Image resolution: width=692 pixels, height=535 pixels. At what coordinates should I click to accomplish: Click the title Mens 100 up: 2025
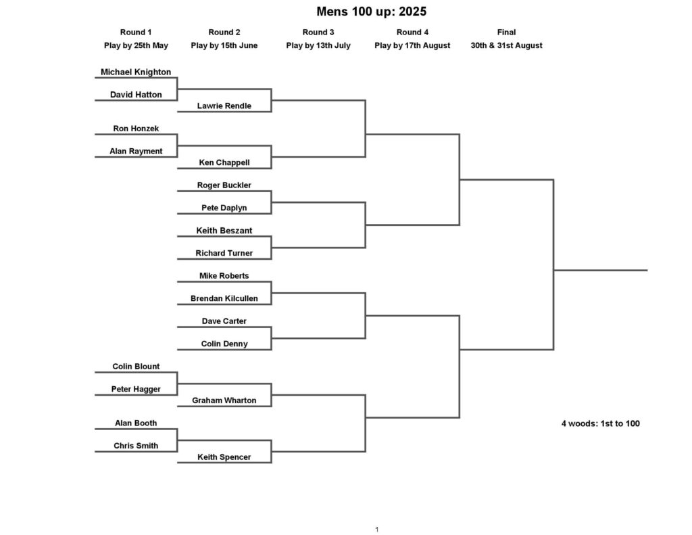point(372,11)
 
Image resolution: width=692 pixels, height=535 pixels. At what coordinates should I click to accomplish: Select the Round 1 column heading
point(136,32)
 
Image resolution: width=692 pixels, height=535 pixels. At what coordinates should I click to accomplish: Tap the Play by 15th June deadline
point(224,45)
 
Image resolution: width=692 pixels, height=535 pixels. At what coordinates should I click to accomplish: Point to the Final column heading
point(506,32)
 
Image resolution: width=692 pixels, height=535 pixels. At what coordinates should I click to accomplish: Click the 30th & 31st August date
point(506,45)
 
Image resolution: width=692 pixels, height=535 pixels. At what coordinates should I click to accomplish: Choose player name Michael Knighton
point(136,72)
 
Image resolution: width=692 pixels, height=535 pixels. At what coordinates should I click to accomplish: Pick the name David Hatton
point(136,95)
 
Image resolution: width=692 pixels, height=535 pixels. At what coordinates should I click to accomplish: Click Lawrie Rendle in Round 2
point(224,106)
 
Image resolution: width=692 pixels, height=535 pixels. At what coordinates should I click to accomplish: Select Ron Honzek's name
point(136,129)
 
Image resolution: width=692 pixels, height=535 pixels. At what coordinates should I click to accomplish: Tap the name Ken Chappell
point(224,162)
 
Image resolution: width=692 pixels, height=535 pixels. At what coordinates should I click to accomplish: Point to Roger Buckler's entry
point(224,185)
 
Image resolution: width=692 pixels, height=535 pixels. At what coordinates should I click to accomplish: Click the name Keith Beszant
point(224,231)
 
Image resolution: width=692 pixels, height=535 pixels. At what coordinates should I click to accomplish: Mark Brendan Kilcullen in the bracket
point(224,299)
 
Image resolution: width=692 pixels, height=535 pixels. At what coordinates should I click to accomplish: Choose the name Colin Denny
point(224,344)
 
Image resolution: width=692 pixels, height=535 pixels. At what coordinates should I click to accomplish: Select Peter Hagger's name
point(136,389)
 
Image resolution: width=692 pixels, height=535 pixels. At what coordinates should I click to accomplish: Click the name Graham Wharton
point(224,400)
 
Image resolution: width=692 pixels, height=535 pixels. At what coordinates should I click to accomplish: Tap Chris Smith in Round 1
point(136,446)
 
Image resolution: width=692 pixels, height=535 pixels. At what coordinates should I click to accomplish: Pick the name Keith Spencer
point(224,457)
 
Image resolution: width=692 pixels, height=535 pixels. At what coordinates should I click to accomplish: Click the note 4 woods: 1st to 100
point(601,423)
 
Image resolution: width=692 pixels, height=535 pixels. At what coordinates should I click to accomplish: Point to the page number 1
point(377,530)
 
